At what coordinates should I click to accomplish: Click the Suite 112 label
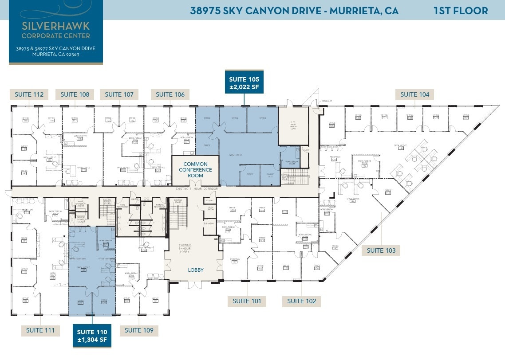click(x=29, y=94)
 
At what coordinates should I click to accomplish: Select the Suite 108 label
click(x=75, y=94)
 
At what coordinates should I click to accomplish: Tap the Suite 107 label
click(x=119, y=94)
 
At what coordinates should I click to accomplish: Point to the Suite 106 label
click(x=170, y=94)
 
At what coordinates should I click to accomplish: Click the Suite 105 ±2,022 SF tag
click(x=244, y=83)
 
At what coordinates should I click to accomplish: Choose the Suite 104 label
click(x=415, y=94)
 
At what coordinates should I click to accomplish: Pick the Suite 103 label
click(x=381, y=250)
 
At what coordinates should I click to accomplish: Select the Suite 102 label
click(x=302, y=301)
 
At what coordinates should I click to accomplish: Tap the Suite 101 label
click(x=247, y=301)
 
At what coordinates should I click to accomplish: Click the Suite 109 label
click(x=139, y=330)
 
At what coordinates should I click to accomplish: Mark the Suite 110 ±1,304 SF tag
click(x=92, y=336)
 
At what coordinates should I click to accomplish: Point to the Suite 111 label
click(x=40, y=330)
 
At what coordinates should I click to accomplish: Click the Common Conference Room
click(x=195, y=170)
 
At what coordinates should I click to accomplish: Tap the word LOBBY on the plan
click(x=196, y=270)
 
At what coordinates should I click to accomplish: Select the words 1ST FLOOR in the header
click(x=461, y=11)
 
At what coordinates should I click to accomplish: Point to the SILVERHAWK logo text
click(x=55, y=26)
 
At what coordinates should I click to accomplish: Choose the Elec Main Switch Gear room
click(x=293, y=125)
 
